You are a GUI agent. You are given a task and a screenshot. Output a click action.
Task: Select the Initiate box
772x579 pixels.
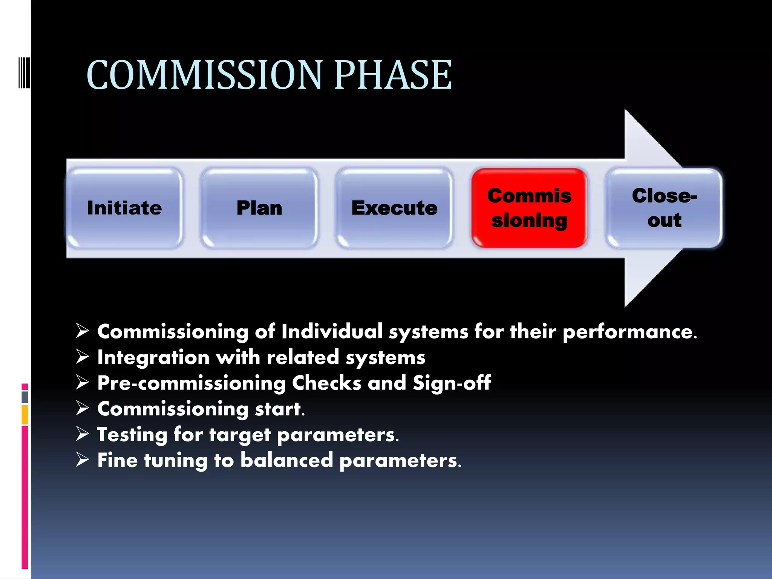(x=124, y=208)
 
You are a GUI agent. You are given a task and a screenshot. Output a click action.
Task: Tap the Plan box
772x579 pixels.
(x=259, y=208)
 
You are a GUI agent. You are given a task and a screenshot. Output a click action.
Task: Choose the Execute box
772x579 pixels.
(x=394, y=208)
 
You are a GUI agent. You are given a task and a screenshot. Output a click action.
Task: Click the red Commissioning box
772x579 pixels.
(x=529, y=208)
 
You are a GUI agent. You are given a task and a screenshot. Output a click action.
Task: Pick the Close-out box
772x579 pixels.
(x=664, y=208)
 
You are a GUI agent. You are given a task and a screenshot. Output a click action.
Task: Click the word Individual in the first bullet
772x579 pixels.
(x=332, y=332)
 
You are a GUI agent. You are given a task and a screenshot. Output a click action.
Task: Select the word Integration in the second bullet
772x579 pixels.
(x=153, y=357)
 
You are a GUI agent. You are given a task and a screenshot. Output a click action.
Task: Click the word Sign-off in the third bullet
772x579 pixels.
(x=452, y=383)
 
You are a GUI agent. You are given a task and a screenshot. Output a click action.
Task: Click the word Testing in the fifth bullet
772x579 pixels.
(x=132, y=435)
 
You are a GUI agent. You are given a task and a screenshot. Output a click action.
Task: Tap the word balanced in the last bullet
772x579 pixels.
(x=286, y=460)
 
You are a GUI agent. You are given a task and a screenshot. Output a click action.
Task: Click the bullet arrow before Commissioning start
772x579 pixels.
(x=82, y=408)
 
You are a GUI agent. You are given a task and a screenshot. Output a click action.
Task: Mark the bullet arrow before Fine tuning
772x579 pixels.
(x=82, y=460)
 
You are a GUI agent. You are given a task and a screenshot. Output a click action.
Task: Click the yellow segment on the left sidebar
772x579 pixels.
(x=25, y=415)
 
